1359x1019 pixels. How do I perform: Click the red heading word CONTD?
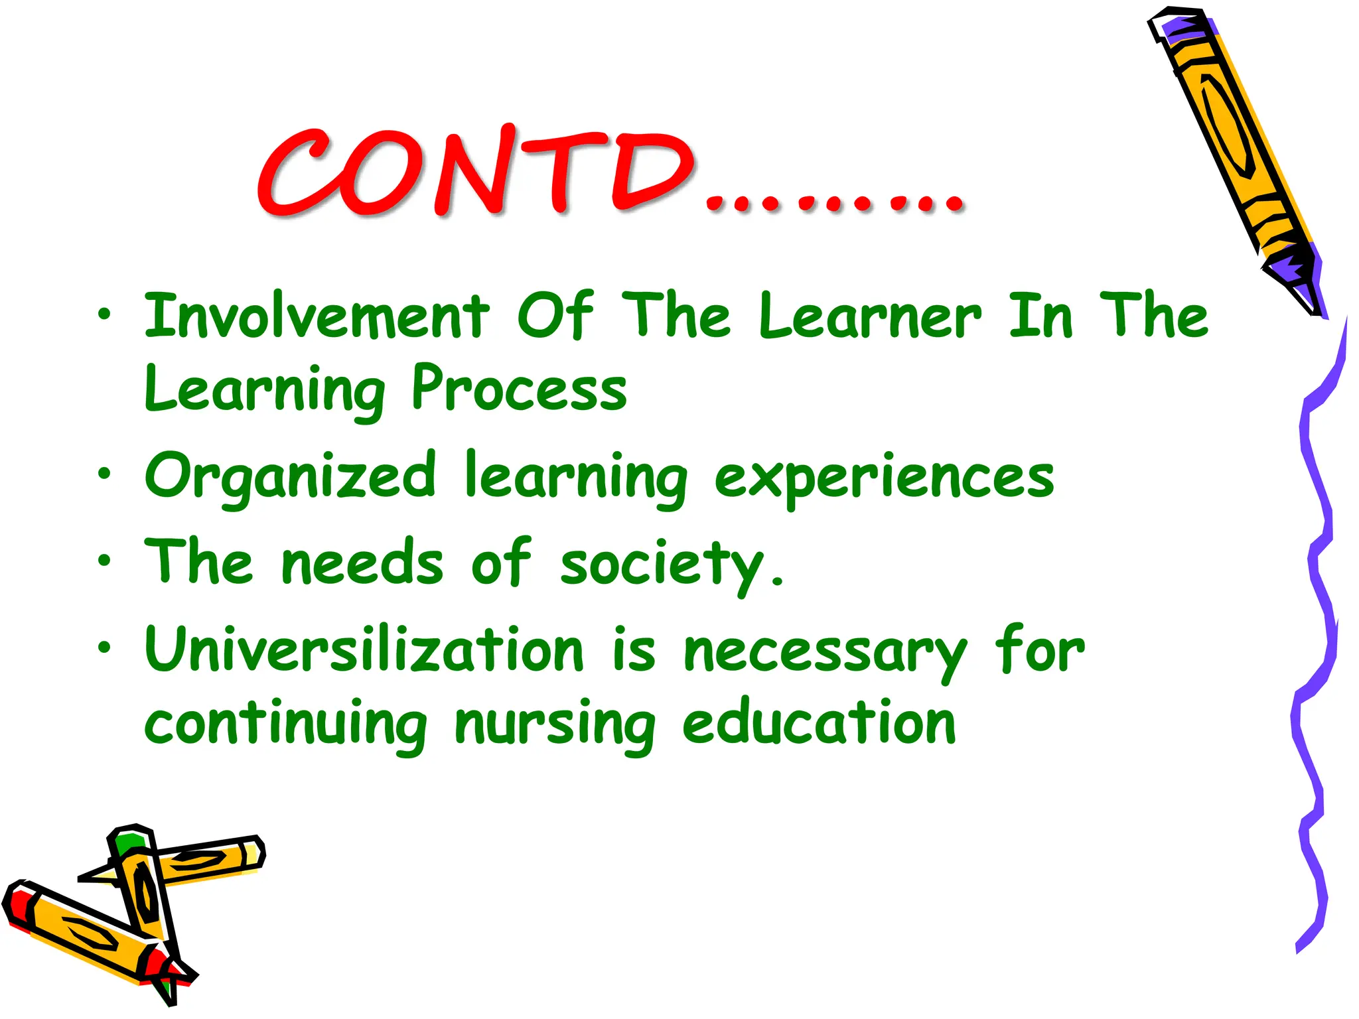pos(474,171)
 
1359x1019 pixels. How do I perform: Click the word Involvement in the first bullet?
pos(317,316)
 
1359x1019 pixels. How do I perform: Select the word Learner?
pos(869,316)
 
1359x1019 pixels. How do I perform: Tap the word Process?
pos(518,388)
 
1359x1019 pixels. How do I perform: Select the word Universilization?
pos(364,650)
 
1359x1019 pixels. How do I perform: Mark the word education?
pos(819,723)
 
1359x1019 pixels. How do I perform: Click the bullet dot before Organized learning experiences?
pos(104,474)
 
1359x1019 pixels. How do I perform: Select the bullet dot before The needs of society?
pos(104,561)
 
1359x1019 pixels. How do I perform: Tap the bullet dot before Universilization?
pos(104,647)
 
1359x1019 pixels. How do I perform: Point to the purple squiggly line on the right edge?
pos(1317,597)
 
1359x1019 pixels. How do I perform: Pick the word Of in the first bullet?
pos(555,316)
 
